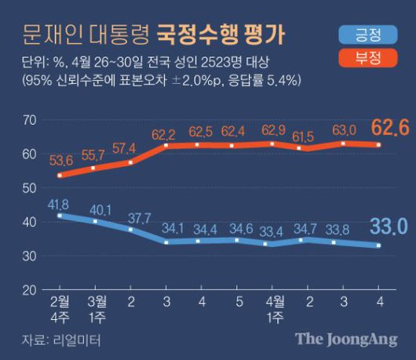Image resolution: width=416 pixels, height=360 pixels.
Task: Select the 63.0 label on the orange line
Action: (346, 130)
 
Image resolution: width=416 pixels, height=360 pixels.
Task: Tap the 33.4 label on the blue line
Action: (275, 231)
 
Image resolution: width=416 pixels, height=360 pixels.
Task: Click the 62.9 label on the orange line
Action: (275, 130)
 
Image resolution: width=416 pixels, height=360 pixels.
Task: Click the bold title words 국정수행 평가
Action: (222, 37)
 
